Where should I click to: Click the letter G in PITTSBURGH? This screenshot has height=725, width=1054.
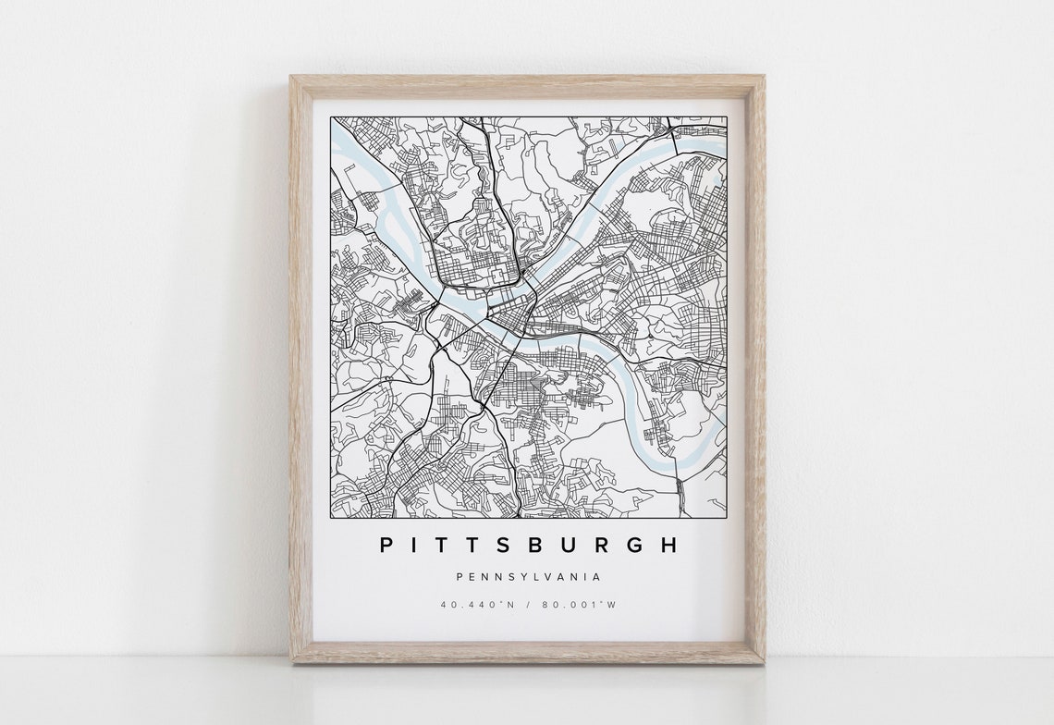click(x=632, y=546)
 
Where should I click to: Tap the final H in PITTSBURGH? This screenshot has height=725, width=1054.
click(x=669, y=546)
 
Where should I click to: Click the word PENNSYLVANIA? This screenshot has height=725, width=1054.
click(x=528, y=577)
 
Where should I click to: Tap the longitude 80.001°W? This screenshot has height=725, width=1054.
click(x=581, y=605)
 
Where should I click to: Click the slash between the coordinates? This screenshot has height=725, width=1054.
click(x=528, y=605)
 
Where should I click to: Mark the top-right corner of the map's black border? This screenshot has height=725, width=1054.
click(x=726, y=117)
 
